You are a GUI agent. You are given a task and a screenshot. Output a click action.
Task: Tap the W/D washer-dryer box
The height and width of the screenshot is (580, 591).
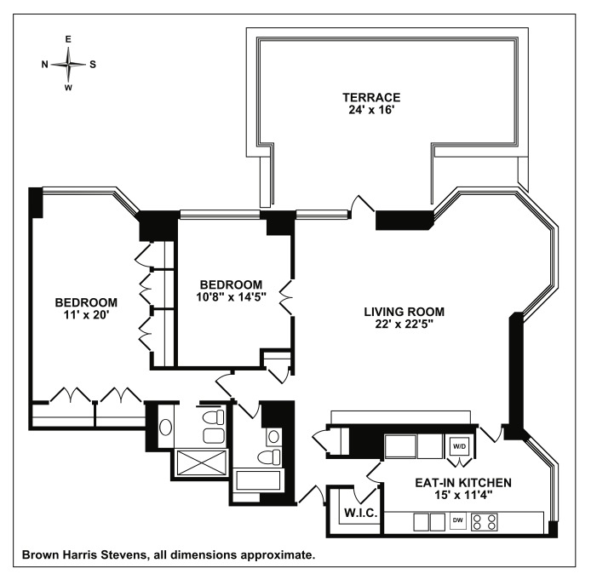pos(459,445)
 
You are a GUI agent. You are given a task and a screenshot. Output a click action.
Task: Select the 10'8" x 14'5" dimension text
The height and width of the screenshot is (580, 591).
pos(232,297)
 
